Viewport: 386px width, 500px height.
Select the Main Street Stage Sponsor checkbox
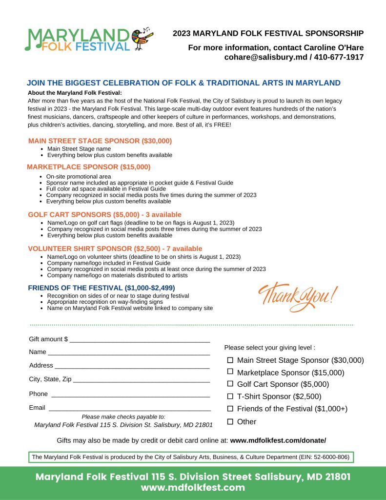[x=230, y=360]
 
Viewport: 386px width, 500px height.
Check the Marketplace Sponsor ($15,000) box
[x=230, y=372]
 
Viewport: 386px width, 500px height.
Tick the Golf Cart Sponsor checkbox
[x=230, y=384]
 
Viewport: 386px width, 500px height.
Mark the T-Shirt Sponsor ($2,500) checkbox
[x=230, y=396]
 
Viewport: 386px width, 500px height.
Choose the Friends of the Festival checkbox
[x=230, y=409]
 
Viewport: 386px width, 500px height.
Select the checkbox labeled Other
[x=230, y=421]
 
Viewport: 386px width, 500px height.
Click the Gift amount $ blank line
[x=140, y=340]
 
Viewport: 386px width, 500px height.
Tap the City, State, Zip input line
[x=142, y=380]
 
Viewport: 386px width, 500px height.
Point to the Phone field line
[x=131, y=395]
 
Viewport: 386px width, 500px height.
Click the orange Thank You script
[x=297, y=295]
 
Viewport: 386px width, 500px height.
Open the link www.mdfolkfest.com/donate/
[x=278, y=440]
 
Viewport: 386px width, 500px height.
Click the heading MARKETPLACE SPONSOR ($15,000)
[x=89, y=167]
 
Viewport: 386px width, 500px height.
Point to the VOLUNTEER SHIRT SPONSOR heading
[x=115, y=249]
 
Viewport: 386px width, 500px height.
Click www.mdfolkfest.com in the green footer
[x=193, y=488]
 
